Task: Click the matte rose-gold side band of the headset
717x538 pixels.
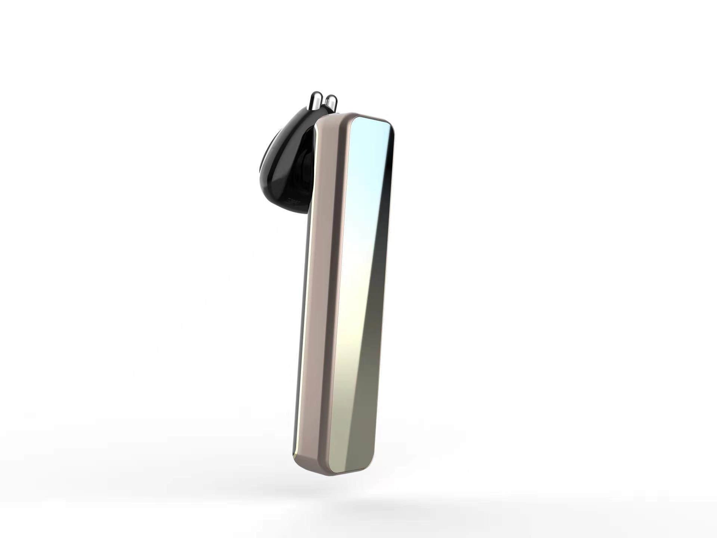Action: (x=319, y=299)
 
